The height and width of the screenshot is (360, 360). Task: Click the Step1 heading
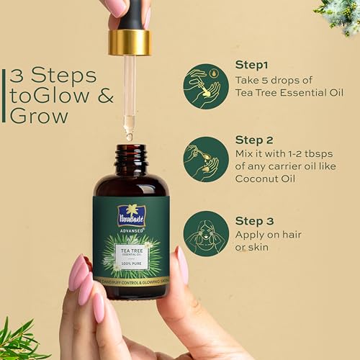tap(251, 65)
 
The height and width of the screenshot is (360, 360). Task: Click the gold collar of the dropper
tap(130, 42)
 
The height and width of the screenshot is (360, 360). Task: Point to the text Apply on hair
tap(269, 234)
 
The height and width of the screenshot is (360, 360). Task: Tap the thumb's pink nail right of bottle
tap(181, 265)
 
